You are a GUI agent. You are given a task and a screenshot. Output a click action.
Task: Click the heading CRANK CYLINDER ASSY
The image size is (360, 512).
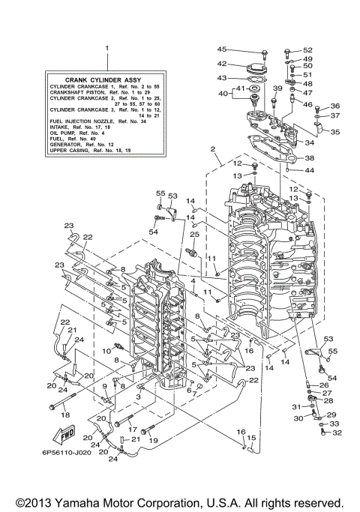(x=107, y=79)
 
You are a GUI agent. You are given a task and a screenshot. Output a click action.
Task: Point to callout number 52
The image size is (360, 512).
(x=307, y=50)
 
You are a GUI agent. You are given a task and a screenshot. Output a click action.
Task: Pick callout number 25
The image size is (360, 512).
(x=193, y=235)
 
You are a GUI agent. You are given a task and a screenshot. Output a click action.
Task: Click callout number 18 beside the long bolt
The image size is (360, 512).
(x=64, y=414)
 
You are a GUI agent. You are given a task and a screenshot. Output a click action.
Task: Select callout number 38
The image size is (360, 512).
(x=309, y=159)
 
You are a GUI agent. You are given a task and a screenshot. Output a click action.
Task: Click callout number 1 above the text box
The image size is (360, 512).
(x=107, y=48)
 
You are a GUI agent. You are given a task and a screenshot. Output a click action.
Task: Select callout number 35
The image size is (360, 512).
(x=335, y=132)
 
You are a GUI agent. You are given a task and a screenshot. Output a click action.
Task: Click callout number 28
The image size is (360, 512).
(x=328, y=400)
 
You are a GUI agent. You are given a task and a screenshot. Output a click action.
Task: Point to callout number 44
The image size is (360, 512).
(x=310, y=171)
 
